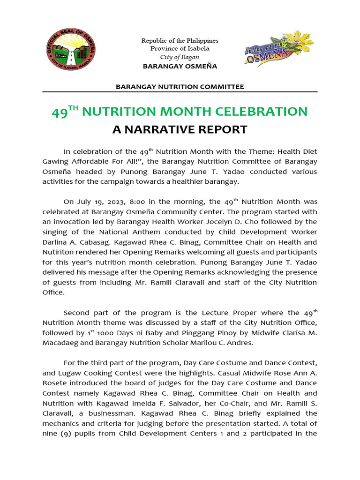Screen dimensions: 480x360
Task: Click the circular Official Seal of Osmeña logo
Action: point(72,51)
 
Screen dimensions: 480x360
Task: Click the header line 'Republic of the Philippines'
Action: point(180,41)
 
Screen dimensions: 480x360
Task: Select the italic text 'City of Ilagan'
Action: point(180,57)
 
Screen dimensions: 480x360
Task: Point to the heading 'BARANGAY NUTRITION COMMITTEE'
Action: point(180,87)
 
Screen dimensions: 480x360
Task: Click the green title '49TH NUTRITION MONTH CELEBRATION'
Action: point(180,112)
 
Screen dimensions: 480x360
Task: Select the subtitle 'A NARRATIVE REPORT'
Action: point(180,129)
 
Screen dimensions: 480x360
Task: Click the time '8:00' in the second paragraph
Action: point(132,202)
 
